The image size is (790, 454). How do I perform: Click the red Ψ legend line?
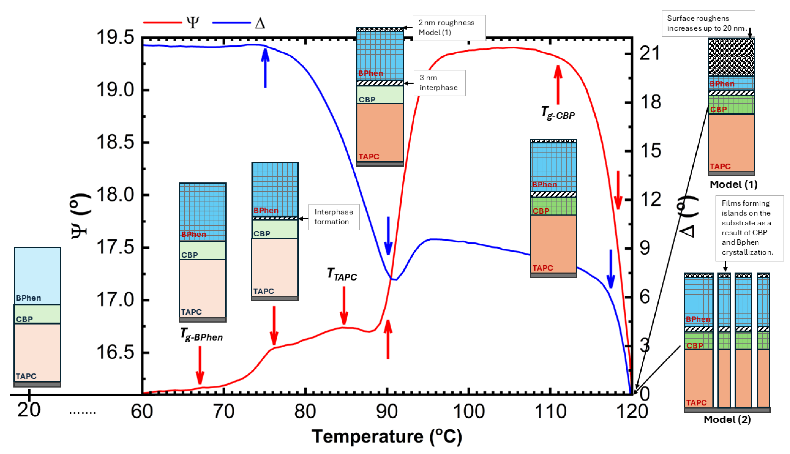[x=162, y=22]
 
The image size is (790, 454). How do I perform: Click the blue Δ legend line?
[x=231, y=22]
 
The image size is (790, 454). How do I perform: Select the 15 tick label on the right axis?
[x=650, y=151]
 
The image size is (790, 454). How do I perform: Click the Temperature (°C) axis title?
[x=387, y=436]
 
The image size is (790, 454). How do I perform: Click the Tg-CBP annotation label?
[x=557, y=113]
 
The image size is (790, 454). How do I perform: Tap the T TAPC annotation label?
[x=342, y=274]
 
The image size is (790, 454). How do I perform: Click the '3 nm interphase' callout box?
[x=439, y=83]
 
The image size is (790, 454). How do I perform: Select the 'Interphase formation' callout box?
[x=334, y=217]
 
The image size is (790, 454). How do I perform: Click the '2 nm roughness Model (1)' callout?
[x=449, y=27]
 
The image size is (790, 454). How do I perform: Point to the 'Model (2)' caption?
[x=727, y=419]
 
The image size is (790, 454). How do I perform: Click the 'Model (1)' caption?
[x=733, y=184]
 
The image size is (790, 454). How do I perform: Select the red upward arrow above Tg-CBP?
[x=558, y=84]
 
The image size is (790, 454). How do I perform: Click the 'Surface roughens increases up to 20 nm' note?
[x=708, y=23]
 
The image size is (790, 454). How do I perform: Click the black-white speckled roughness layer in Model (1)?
[x=731, y=57]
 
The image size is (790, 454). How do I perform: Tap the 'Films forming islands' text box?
[x=749, y=228]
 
